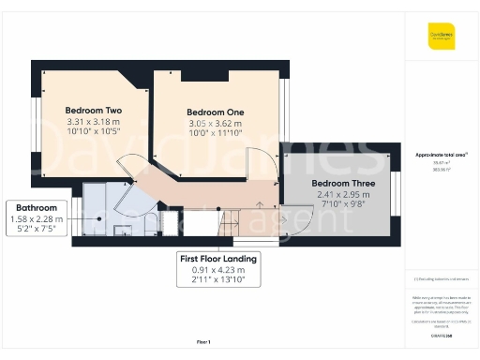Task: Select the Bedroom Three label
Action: tap(342, 182)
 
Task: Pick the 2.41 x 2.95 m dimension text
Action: tap(342, 195)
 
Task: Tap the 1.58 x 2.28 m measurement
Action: tap(37, 219)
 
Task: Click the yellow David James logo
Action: tap(442, 37)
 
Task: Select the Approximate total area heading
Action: tap(440, 154)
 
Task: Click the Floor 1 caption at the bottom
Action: tap(202, 341)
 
